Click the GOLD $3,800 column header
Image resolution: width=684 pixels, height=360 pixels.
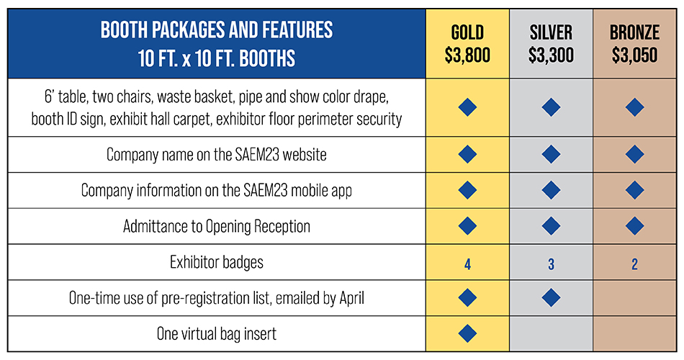pyautogui.click(x=467, y=44)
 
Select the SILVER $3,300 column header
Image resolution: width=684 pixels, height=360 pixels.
pyautogui.click(x=551, y=44)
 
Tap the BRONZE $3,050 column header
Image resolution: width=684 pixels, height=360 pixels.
pyautogui.click(x=635, y=44)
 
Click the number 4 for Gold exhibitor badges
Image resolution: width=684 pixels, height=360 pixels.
pyautogui.click(x=467, y=264)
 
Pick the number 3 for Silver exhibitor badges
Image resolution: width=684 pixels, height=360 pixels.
pyautogui.click(x=551, y=264)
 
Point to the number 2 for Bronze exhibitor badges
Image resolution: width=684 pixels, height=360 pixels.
pyautogui.click(x=635, y=264)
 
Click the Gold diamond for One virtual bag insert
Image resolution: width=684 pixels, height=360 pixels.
pyautogui.click(x=467, y=333)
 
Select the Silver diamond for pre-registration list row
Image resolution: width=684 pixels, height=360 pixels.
pyautogui.click(x=551, y=297)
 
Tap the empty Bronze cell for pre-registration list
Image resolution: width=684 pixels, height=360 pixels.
pyautogui.click(x=635, y=297)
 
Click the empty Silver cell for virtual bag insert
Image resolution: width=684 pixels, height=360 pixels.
pyautogui.click(x=551, y=333)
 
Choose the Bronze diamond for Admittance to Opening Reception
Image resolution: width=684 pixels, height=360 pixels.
pyautogui.click(x=635, y=226)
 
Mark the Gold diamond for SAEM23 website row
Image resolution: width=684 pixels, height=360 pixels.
pyautogui.click(x=467, y=154)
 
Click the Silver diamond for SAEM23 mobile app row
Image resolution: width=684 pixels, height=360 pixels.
pyautogui.click(x=551, y=190)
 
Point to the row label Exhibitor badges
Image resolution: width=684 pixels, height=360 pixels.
pyautogui.click(x=217, y=262)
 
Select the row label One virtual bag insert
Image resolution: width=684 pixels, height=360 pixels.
pyautogui.click(x=217, y=334)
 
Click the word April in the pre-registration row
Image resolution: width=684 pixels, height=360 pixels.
pyautogui.click(x=351, y=299)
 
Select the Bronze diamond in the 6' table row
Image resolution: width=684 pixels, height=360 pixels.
pyautogui.click(x=635, y=107)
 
